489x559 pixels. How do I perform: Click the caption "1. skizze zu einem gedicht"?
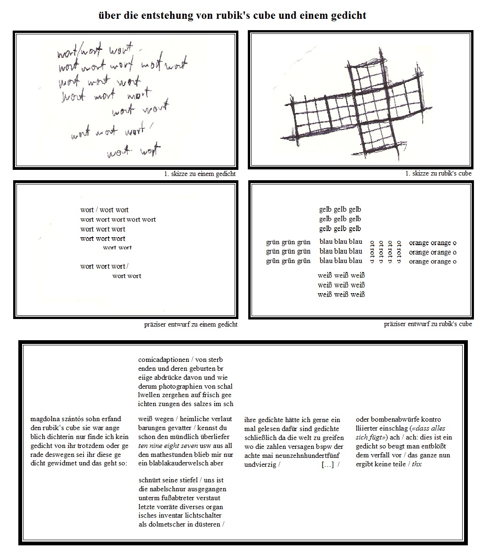pyautogui.click(x=200, y=174)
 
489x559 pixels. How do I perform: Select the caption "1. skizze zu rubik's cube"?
pyautogui.click(x=438, y=173)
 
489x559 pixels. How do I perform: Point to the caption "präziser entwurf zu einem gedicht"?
pyautogui.click(x=190, y=324)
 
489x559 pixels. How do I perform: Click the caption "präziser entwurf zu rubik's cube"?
pyautogui.click(x=428, y=324)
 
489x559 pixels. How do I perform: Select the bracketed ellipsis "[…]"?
pyautogui.click(x=328, y=464)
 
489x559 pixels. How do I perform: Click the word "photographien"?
pyautogui.click(x=179, y=386)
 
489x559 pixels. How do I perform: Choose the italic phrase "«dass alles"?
pyautogui.click(x=428, y=428)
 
